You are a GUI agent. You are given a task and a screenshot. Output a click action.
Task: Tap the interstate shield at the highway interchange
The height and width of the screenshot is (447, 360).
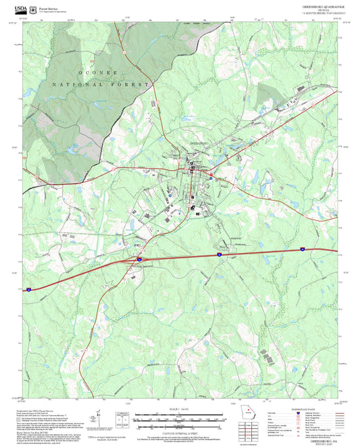(x=140, y=258)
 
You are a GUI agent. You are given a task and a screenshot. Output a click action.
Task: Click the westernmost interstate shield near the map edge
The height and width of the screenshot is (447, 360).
(x=28, y=288)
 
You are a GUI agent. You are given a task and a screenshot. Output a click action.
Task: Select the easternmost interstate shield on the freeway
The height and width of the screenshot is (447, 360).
(x=303, y=249)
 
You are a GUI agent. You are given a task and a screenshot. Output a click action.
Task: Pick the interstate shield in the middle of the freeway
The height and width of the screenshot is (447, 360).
(x=220, y=255)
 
